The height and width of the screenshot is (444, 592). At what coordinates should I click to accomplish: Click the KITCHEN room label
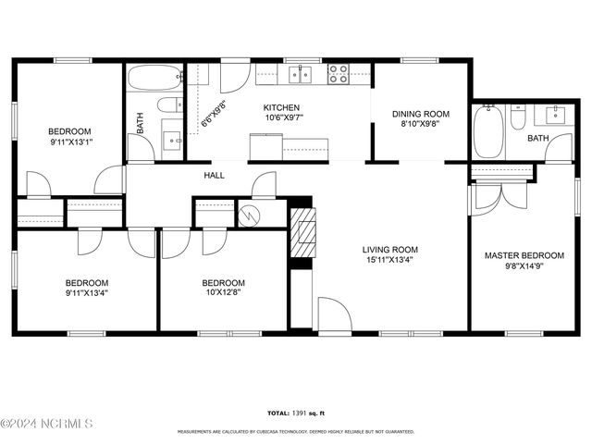tap(281, 107)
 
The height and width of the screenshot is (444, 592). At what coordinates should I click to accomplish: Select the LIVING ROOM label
tap(389, 249)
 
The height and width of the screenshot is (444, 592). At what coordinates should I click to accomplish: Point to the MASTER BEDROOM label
tap(524, 255)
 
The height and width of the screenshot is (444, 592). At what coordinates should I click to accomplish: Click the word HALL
tap(215, 175)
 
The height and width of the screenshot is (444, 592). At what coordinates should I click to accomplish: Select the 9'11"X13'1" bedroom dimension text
tap(70, 143)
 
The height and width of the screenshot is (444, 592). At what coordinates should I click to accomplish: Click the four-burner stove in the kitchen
tap(339, 73)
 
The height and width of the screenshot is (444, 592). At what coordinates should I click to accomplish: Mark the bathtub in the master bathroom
tap(487, 134)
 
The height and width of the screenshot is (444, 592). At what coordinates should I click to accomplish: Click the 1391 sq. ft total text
tap(295, 413)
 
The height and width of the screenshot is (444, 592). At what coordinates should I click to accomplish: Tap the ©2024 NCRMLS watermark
tap(46, 425)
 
